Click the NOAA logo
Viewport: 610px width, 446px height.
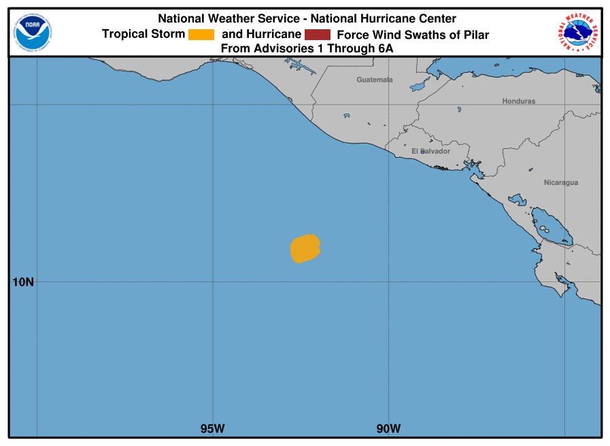pyautogui.click(x=33, y=29)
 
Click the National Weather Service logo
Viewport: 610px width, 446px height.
pyautogui.click(x=578, y=31)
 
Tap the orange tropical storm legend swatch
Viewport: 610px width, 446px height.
pyautogui.click(x=201, y=35)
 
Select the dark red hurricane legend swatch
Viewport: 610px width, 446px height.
pyautogui.click(x=318, y=35)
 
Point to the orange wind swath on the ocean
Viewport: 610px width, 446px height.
pyautogui.click(x=305, y=248)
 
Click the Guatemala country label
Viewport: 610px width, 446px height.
pyautogui.click(x=375, y=80)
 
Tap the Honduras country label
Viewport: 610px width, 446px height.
pyautogui.click(x=518, y=101)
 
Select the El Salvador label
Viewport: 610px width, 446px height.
pyautogui.click(x=430, y=151)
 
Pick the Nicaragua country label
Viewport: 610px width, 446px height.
pyautogui.click(x=561, y=182)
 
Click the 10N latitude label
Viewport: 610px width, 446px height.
pyautogui.click(x=22, y=281)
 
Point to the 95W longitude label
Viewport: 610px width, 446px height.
pyautogui.click(x=212, y=428)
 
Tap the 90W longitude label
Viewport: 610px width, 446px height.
pyautogui.click(x=388, y=428)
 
